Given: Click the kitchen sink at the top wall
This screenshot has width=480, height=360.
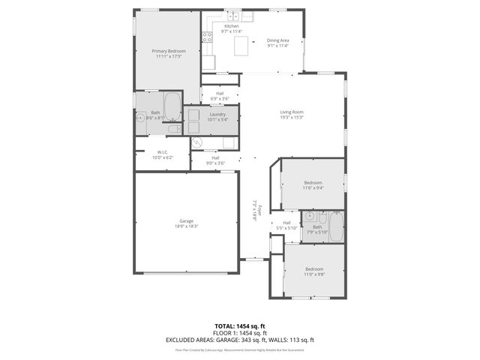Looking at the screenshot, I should (x=233, y=15).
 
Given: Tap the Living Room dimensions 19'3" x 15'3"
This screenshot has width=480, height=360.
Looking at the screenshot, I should (x=292, y=117).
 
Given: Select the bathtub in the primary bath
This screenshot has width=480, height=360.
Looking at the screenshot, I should (x=172, y=106).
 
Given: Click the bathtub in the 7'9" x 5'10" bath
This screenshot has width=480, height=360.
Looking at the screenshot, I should (x=335, y=226).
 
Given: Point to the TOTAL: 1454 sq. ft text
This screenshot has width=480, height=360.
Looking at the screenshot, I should (x=240, y=326).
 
